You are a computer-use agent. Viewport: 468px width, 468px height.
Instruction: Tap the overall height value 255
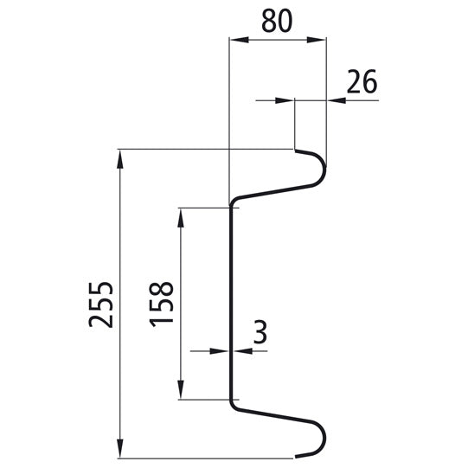pos(102,304)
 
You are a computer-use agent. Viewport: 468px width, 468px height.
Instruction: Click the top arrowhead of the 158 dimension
pos(181,215)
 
